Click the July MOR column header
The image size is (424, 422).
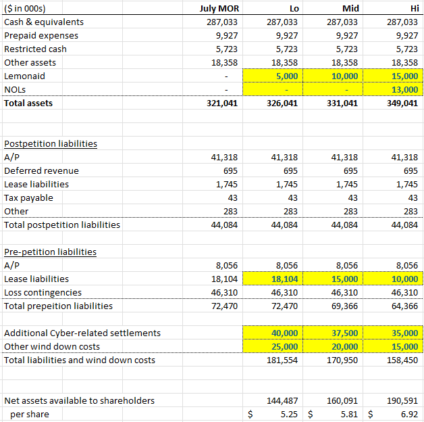220,8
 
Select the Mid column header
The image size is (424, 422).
351,8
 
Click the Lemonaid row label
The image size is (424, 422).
25,76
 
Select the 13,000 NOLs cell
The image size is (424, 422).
404,89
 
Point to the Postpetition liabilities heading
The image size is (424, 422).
51,143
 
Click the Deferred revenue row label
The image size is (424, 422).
41,170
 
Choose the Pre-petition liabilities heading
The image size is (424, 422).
51,252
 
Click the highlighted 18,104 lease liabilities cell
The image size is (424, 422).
284,279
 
